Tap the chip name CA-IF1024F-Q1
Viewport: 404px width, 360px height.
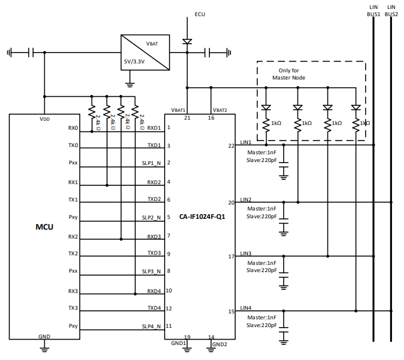(202, 216)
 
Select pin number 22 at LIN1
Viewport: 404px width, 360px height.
(231, 145)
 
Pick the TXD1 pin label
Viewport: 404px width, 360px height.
(154, 146)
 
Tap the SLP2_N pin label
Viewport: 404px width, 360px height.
(151, 218)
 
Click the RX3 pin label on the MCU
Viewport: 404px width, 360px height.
(74, 291)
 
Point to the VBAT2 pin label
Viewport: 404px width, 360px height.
(220, 111)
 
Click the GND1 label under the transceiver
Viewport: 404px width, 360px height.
(178, 343)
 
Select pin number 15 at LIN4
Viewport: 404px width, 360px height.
(231, 312)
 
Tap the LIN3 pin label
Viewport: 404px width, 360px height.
(245, 253)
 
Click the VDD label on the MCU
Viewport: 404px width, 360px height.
(44, 119)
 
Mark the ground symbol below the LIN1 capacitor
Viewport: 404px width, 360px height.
(284, 176)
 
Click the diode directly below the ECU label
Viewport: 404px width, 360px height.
(187, 42)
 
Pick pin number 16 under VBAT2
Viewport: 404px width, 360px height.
(211, 118)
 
